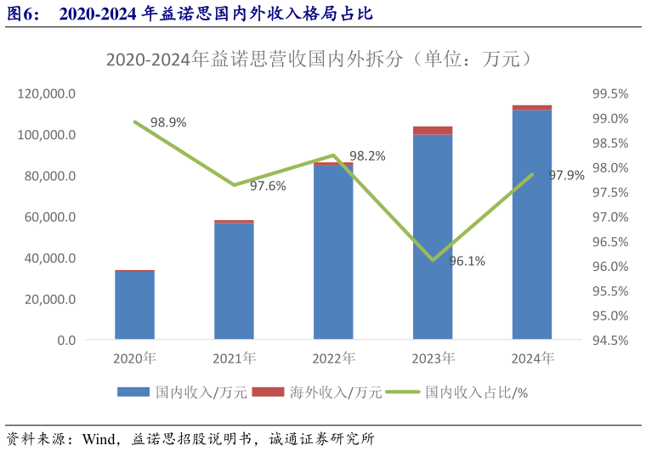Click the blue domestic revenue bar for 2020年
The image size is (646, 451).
point(134,306)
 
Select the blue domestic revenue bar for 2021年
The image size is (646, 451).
point(234,281)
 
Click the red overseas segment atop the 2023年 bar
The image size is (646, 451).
point(433,131)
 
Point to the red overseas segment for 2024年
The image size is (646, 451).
point(531,108)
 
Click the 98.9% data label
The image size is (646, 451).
point(168,122)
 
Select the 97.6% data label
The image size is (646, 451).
point(268,185)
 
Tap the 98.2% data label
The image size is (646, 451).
point(367,156)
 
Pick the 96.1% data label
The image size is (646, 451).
point(467,261)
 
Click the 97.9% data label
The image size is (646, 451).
point(566,176)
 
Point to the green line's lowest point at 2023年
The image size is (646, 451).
point(433,260)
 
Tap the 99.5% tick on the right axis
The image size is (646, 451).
point(609,93)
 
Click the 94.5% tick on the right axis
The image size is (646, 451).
point(609,340)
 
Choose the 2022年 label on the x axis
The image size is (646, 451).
point(333,358)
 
